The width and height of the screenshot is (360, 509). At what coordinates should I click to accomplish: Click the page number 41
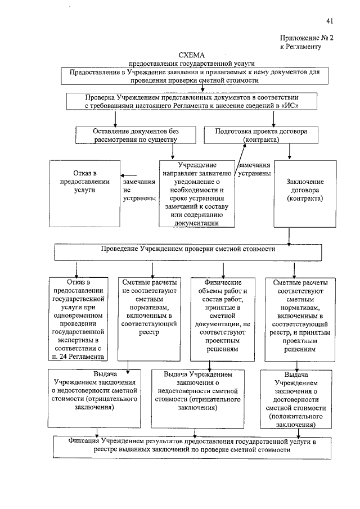pos(330,21)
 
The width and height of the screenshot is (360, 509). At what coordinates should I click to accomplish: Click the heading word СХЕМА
pos(193,55)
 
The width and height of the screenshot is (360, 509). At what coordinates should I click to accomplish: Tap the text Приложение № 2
pos(307,38)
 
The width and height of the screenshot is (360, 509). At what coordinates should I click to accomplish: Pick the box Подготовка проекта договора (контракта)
pos(261,135)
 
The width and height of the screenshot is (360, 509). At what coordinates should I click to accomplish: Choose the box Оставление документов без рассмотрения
pos(135,135)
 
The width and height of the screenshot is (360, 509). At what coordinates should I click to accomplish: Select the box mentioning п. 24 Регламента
pos(77,318)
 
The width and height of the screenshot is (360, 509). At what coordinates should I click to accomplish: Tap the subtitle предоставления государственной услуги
pos(192,65)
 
